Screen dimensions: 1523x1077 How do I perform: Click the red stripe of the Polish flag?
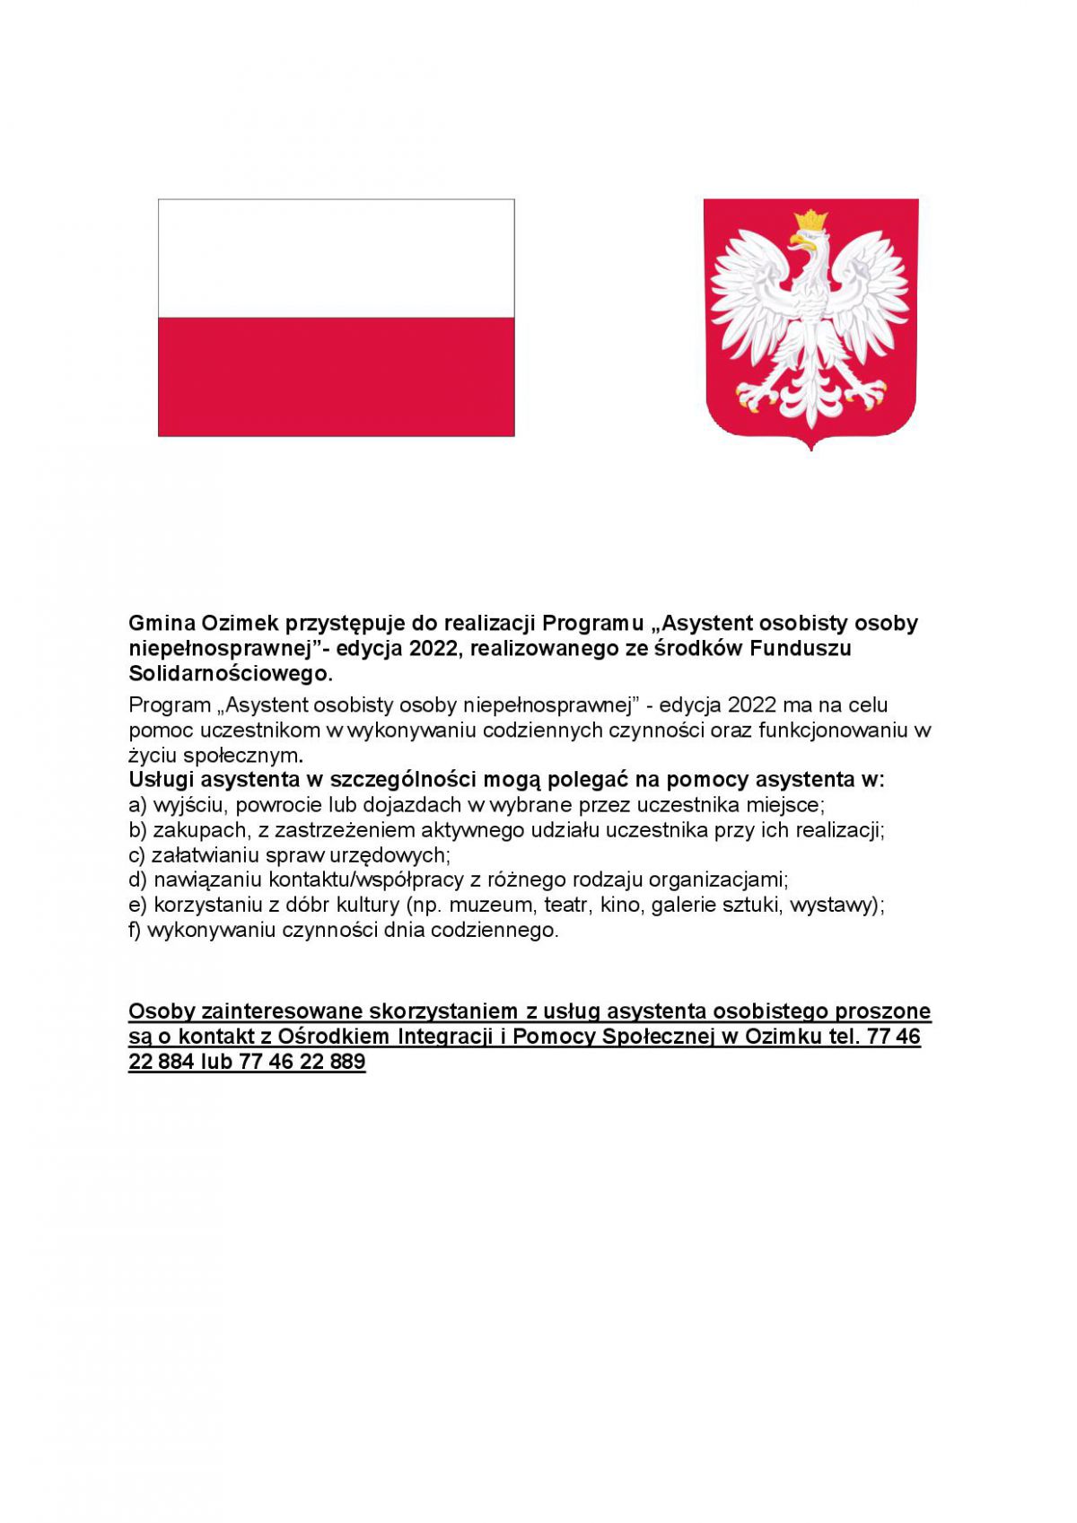coord(336,376)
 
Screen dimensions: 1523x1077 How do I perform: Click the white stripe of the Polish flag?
coord(336,258)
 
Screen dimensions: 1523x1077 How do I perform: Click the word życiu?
coord(152,755)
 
